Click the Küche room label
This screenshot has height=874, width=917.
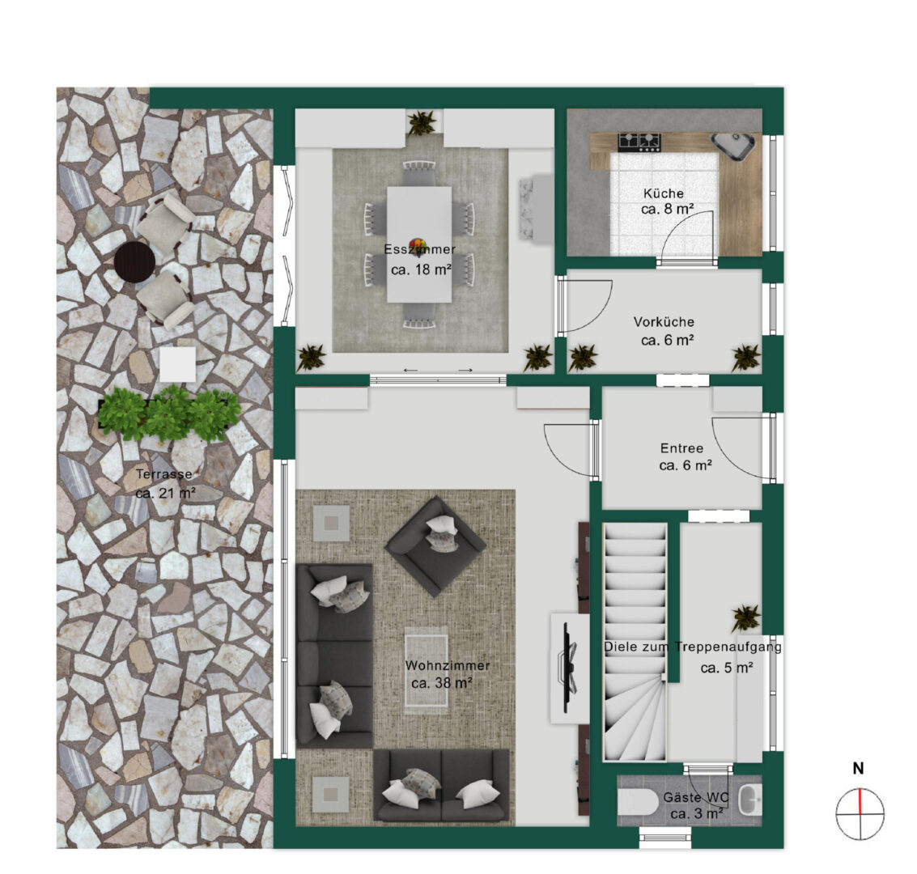click(x=663, y=193)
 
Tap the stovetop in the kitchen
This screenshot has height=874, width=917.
click(x=639, y=142)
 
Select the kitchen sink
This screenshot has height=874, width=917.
click(x=733, y=146)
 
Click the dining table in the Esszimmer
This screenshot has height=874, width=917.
click(x=418, y=244)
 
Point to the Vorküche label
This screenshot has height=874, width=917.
click(x=664, y=321)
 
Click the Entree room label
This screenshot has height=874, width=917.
click(x=681, y=448)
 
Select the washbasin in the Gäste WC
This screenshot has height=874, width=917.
click(x=750, y=800)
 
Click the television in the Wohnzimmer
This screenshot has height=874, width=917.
click(x=568, y=667)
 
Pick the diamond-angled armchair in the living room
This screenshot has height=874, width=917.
click(x=435, y=546)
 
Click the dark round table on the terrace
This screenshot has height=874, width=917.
click(x=134, y=262)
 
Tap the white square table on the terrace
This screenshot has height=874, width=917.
click(x=178, y=364)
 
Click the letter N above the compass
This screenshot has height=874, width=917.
click(x=858, y=769)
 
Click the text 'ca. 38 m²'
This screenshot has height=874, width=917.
click(x=442, y=683)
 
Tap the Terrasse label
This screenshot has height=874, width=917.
click(x=163, y=474)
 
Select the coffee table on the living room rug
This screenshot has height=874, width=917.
click(x=427, y=670)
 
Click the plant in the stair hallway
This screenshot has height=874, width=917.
click(x=745, y=618)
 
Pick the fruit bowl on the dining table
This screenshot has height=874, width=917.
click(x=418, y=245)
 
